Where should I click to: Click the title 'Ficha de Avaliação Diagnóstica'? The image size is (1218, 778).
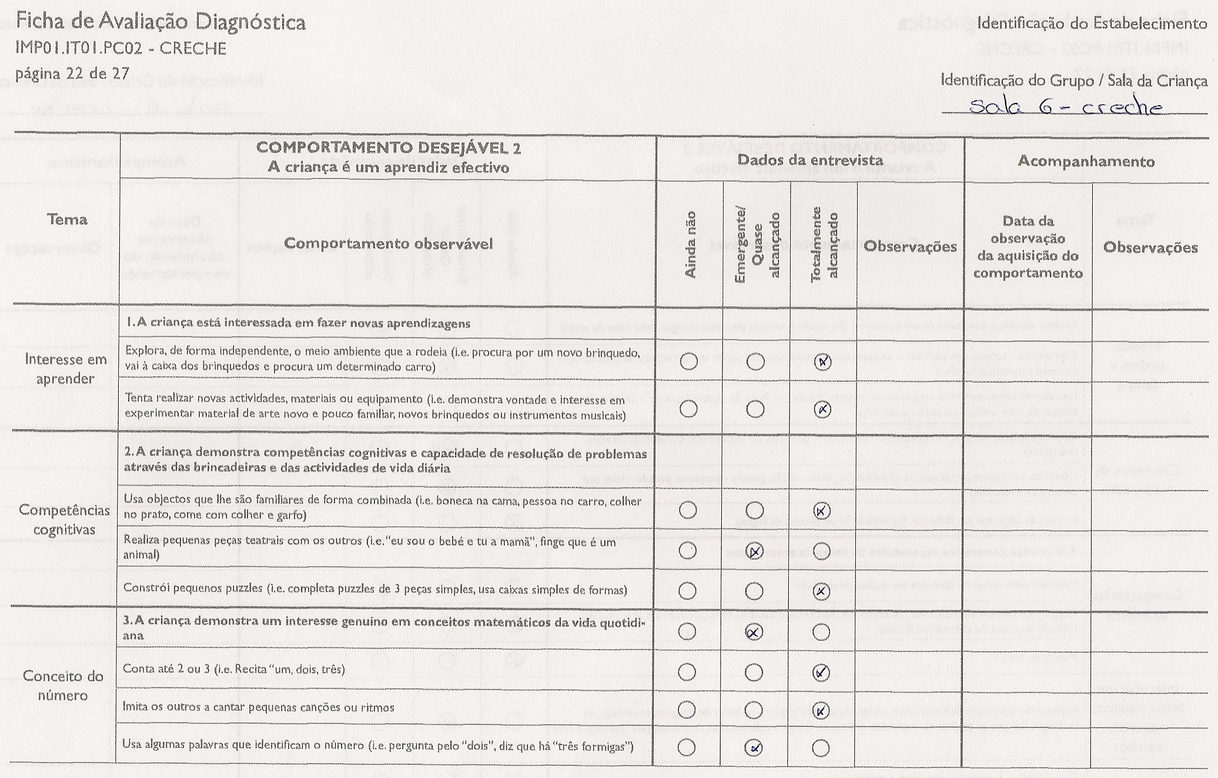tap(160, 22)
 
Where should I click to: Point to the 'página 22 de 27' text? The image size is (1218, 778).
tap(72, 74)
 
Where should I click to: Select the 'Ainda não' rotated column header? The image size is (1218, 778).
tap(690, 244)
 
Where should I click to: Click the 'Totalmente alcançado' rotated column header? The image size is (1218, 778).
tap(824, 244)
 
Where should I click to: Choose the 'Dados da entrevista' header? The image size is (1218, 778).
tap(810, 160)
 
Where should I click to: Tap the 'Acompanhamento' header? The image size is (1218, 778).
tap(1086, 161)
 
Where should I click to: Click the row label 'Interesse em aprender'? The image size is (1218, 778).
tap(65, 369)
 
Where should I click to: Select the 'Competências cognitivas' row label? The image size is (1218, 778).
tap(64, 520)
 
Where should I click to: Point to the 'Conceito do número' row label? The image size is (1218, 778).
tap(63, 686)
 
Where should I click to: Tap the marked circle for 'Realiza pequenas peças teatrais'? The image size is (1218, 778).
tap(755, 551)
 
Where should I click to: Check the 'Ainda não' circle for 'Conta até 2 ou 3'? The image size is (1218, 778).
tap(687, 672)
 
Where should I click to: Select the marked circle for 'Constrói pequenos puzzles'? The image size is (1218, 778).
tap(822, 591)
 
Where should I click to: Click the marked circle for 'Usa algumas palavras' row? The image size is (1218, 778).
tap(754, 748)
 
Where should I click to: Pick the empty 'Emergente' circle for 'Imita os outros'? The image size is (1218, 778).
tap(754, 710)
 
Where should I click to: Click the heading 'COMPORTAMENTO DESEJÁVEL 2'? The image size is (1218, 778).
tap(388, 148)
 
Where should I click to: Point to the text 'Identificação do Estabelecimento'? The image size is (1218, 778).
tap(1092, 24)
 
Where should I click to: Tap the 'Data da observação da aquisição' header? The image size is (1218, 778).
tap(1028, 247)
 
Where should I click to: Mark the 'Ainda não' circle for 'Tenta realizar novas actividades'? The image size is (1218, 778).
tap(688, 409)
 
